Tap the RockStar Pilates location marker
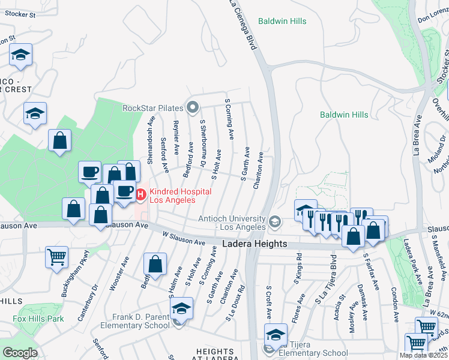click(x=193, y=108)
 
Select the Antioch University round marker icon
click(x=275, y=222)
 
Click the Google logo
click(x=20, y=353)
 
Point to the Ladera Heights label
click(x=255, y=244)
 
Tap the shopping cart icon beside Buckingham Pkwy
click(x=56, y=257)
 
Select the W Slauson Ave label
click(x=183, y=238)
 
